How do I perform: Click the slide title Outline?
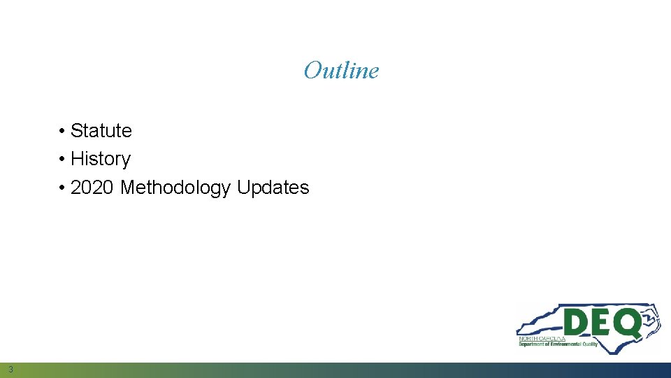[341, 71]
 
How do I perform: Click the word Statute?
[101, 131]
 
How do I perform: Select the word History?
[101, 160]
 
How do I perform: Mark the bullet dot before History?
[62, 160]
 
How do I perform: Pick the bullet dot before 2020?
[62, 188]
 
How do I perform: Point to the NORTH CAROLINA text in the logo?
[542, 338]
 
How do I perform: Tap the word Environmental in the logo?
[565, 344]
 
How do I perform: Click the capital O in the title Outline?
[311, 71]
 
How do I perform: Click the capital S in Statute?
[76, 131]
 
